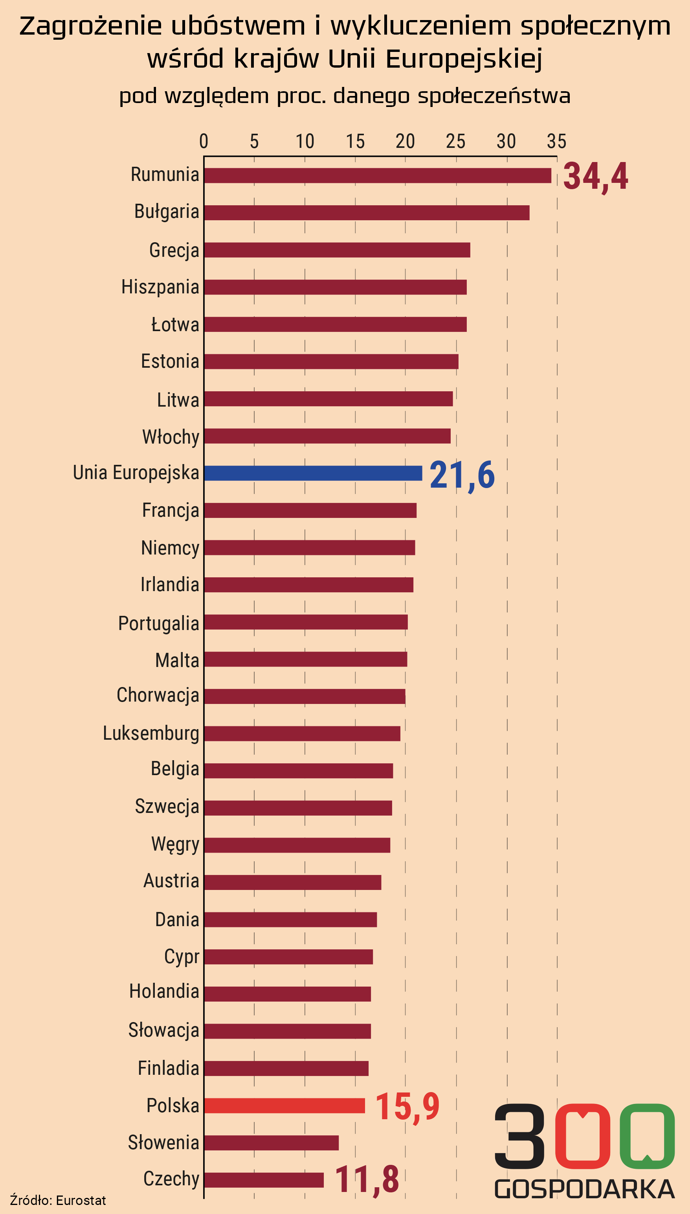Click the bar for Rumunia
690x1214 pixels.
tap(378, 175)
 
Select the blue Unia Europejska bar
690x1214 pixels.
tap(313, 473)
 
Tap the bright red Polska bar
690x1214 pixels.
tap(284, 1105)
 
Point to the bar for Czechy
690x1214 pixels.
tap(264, 1180)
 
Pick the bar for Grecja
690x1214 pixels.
tap(337, 250)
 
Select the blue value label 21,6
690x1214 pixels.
tap(462, 475)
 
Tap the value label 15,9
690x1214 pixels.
tap(407, 1107)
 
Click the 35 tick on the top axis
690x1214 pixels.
tap(557, 141)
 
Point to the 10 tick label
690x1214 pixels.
tap(305, 141)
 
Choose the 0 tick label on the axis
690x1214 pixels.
tap(204, 141)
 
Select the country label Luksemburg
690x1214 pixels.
tap(151, 733)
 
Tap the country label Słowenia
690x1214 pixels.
tap(163, 1142)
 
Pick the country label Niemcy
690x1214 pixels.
tap(170, 548)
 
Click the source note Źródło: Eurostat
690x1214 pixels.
tap(58, 1200)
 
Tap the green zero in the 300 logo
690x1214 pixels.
tap(647, 1136)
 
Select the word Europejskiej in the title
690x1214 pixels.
tap(464, 59)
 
